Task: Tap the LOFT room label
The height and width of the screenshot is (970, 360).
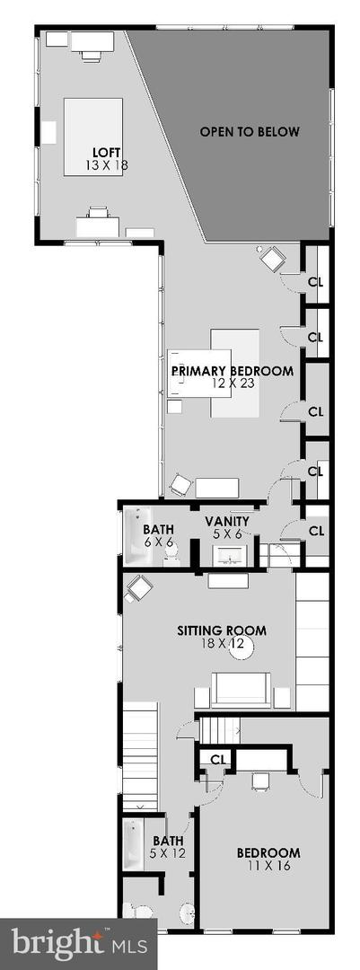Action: [x=107, y=152]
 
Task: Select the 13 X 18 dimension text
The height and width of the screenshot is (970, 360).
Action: [x=107, y=165]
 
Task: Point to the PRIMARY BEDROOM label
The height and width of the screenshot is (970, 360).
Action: [x=232, y=371]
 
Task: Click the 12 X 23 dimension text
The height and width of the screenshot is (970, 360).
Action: [x=232, y=384]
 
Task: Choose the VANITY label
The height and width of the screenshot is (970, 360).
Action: [x=228, y=522]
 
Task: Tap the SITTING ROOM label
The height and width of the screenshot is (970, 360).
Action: [x=222, y=631]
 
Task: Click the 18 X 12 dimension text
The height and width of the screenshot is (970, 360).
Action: [x=222, y=643]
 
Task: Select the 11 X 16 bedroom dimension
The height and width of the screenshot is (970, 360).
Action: [x=268, y=866]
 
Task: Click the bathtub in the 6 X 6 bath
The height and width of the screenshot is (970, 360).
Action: [x=138, y=535]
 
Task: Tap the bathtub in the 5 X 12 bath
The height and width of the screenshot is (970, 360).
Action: [x=135, y=844]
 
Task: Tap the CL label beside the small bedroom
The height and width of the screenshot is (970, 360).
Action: [x=217, y=759]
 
